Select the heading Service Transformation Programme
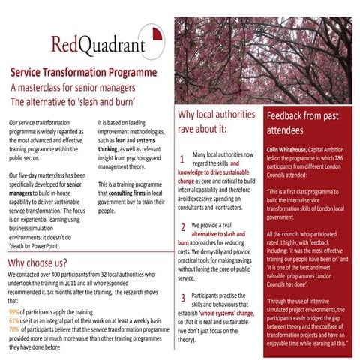pos(82,73)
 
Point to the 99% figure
pos(14,311)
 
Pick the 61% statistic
pos(14,320)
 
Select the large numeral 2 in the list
pos(183,227)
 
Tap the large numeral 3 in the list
pos(183,298)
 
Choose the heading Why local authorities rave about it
pos(217,121)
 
